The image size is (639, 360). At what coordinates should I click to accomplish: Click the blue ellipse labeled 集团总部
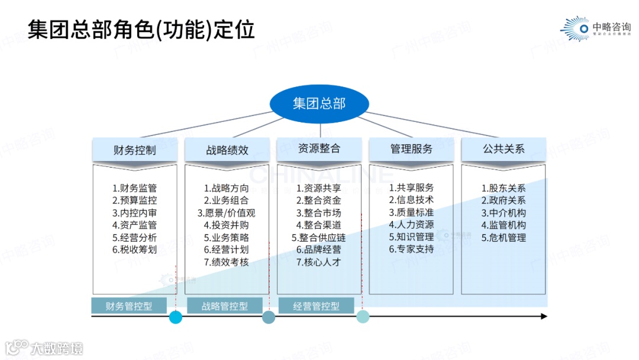[x=319, y=104]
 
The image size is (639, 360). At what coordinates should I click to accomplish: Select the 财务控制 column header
[x=134, y=150]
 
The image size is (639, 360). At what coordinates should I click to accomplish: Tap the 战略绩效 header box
[x=227, y=150]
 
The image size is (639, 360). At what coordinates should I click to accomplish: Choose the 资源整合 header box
[x=319, y=149]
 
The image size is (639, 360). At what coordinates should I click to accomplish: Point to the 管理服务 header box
[x=411, y=149]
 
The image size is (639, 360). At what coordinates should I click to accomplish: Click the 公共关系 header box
[x=504, y=149]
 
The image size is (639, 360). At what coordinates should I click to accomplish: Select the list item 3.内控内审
[x=134, y=213]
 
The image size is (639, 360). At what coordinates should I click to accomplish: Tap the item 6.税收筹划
[x=134, y=250]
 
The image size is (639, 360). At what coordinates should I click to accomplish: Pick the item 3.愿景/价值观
[x=227, y=213]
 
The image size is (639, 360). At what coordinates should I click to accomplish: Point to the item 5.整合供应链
[x=319, y=237]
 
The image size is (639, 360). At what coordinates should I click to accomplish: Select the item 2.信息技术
[x=411, y=200]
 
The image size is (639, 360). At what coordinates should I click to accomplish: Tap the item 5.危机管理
[x=504, y=237]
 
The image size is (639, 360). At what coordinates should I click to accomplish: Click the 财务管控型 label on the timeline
[x=129, y=306]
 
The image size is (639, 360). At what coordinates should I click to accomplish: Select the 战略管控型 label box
[x=225, y=306]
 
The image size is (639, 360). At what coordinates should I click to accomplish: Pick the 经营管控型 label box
[x=316, y=306]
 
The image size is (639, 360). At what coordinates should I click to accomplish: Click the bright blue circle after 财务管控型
[x=176, y=317]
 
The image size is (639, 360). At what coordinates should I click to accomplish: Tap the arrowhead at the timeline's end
[x=544, y=317]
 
